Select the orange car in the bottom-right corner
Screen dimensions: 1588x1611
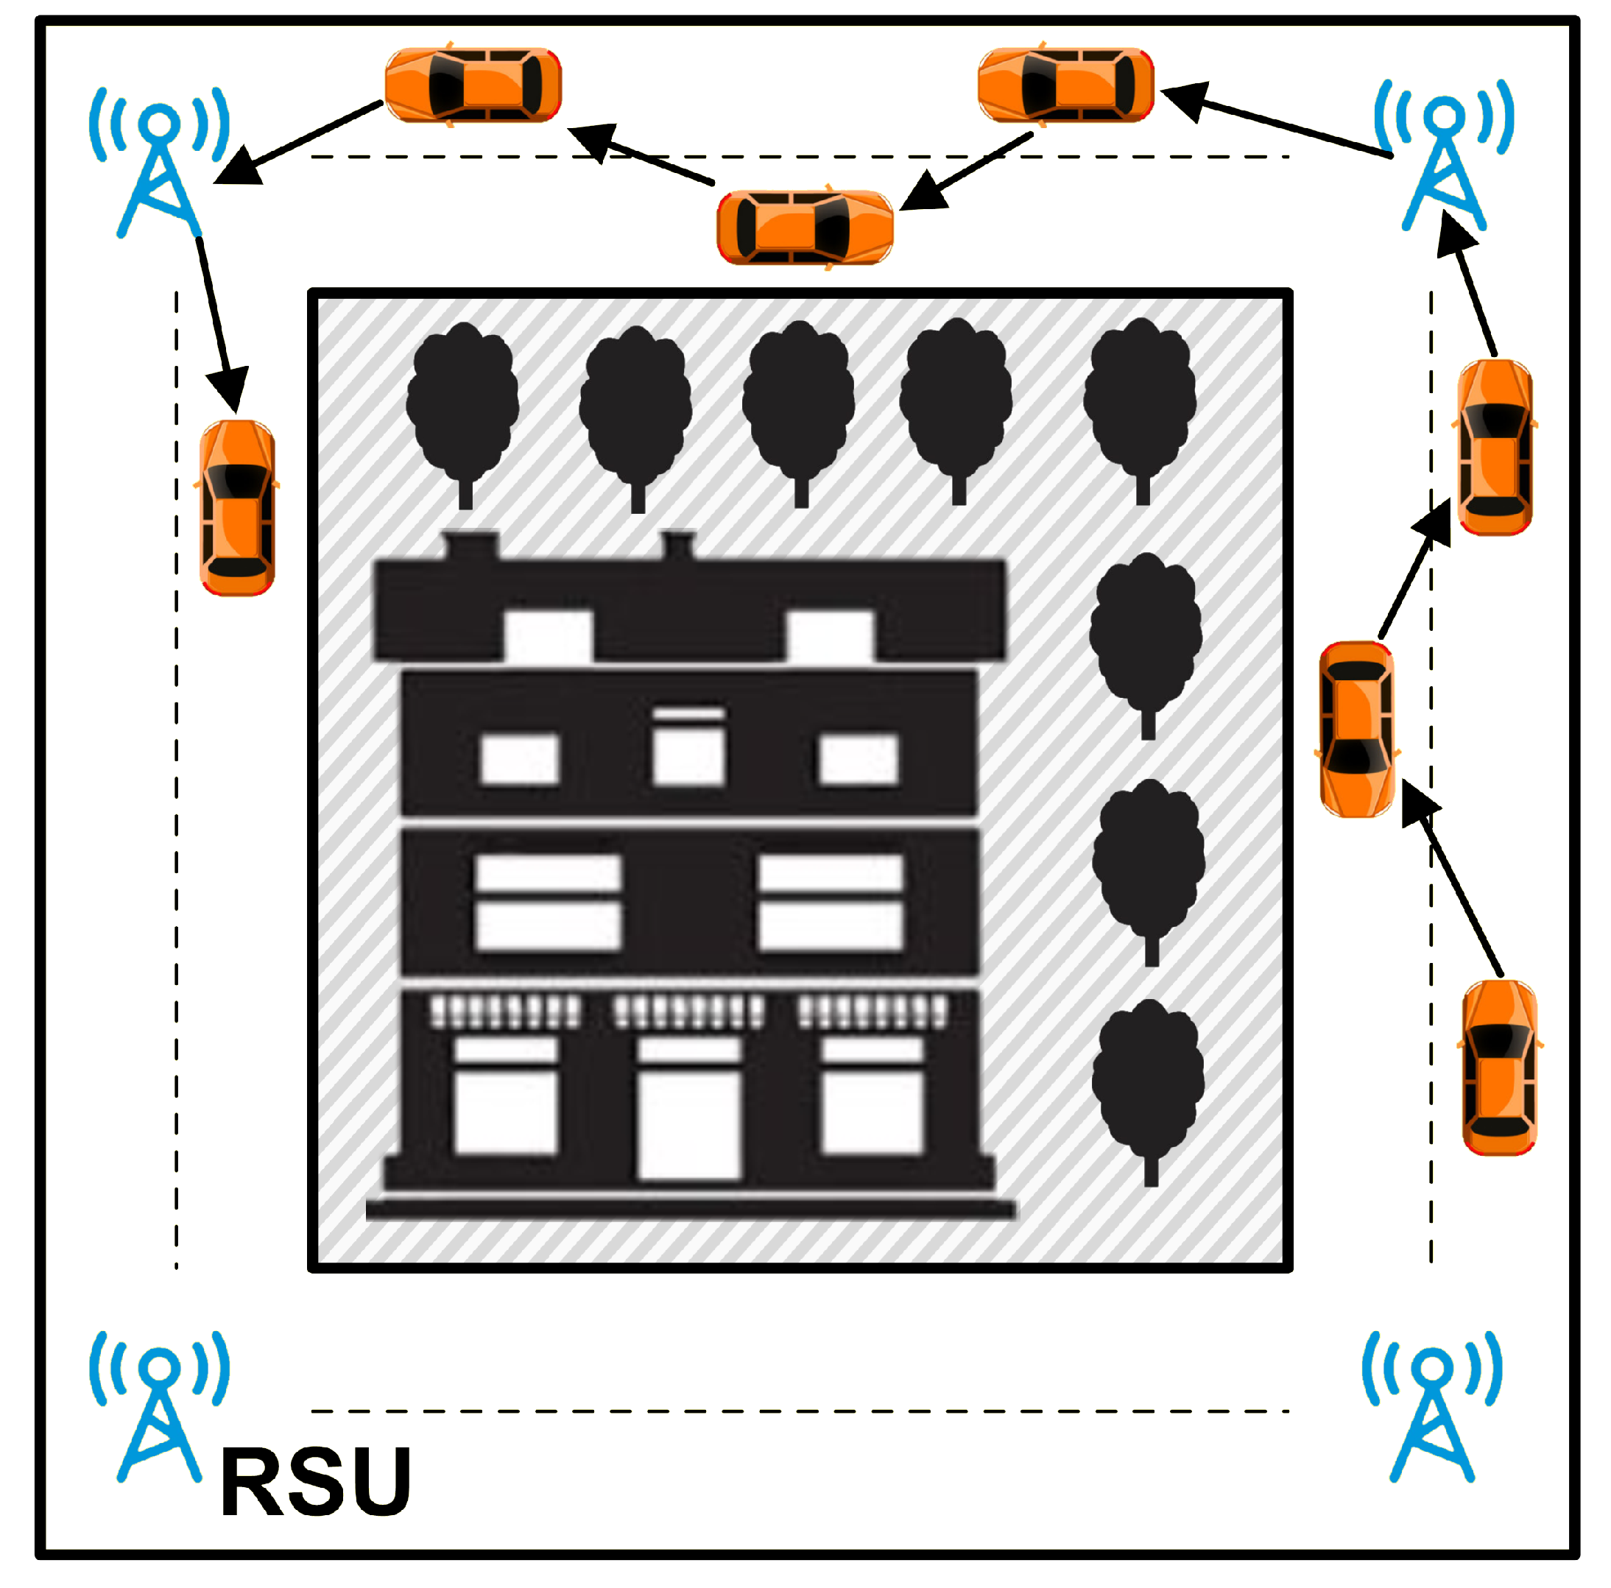(1499, 1067)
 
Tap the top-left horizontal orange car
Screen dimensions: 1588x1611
(473, 85)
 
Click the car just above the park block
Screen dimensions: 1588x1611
(805, 227)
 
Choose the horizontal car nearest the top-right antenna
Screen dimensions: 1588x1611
(1065, 85)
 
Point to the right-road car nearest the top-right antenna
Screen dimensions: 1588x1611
(1495, 447)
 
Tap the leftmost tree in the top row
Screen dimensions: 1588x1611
(463, 409)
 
